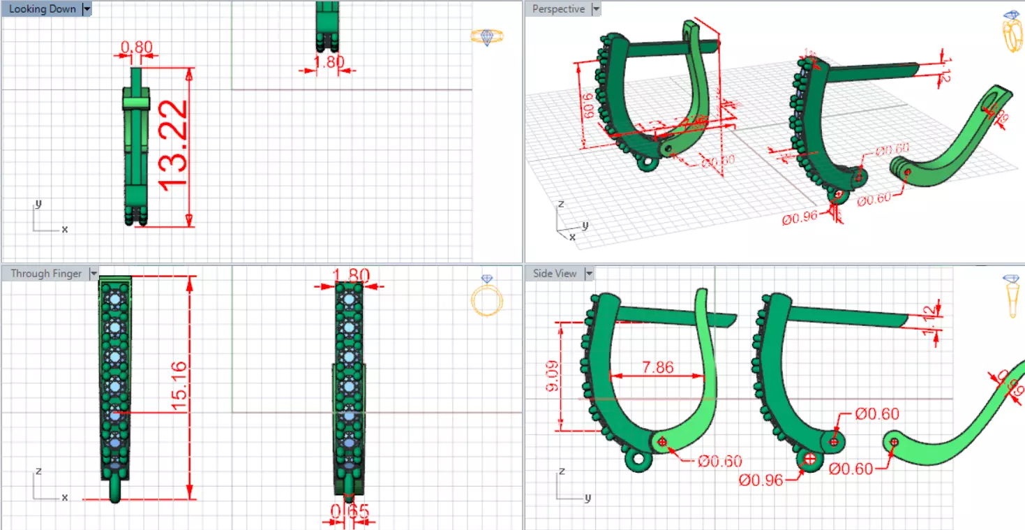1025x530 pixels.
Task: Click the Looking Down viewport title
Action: pos(42,9)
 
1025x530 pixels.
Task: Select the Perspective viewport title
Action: pos(558,9)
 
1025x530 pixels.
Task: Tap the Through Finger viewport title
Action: pos(46,274)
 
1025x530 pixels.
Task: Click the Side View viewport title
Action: pos(555,274)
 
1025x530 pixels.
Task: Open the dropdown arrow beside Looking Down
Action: pos(87,9)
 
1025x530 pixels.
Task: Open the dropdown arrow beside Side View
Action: pos(590,274)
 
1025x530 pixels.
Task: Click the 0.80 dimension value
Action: pos(136,47)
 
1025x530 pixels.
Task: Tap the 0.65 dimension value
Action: pos(350,512)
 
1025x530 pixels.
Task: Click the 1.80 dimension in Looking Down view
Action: pos(329,62)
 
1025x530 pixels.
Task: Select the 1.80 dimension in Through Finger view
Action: pos(352,275)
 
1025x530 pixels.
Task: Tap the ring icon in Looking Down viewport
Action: pos(486,36)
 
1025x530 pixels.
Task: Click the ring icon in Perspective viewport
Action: pos(1010,31)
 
